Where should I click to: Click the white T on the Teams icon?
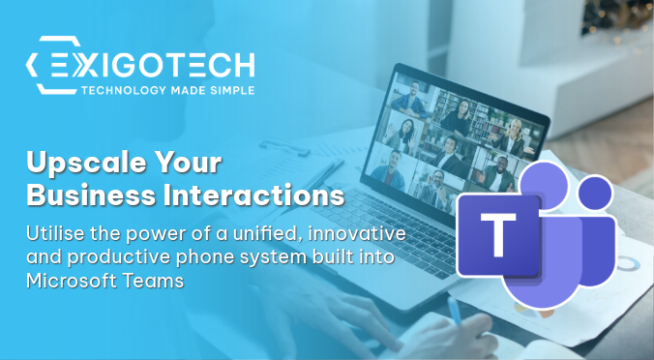(x=499, y=235)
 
